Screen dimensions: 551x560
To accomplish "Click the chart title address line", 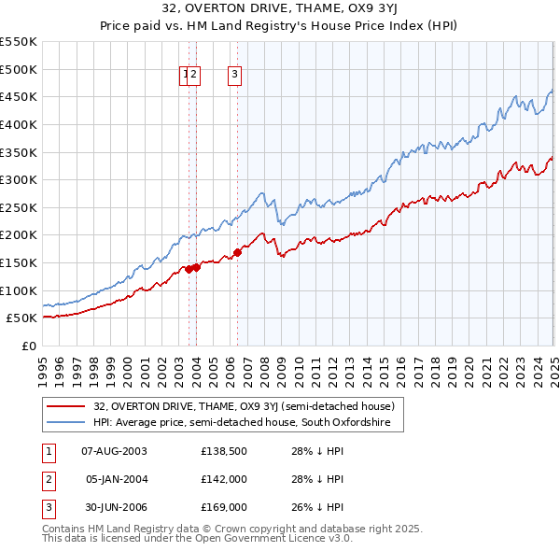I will pos(279,10).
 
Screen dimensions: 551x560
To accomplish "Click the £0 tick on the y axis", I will pos(28,346).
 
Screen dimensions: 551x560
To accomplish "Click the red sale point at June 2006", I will pos(237,251).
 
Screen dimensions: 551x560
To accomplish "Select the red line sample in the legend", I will pos(66,406).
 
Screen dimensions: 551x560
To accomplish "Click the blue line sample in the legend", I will pos(66,423).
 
